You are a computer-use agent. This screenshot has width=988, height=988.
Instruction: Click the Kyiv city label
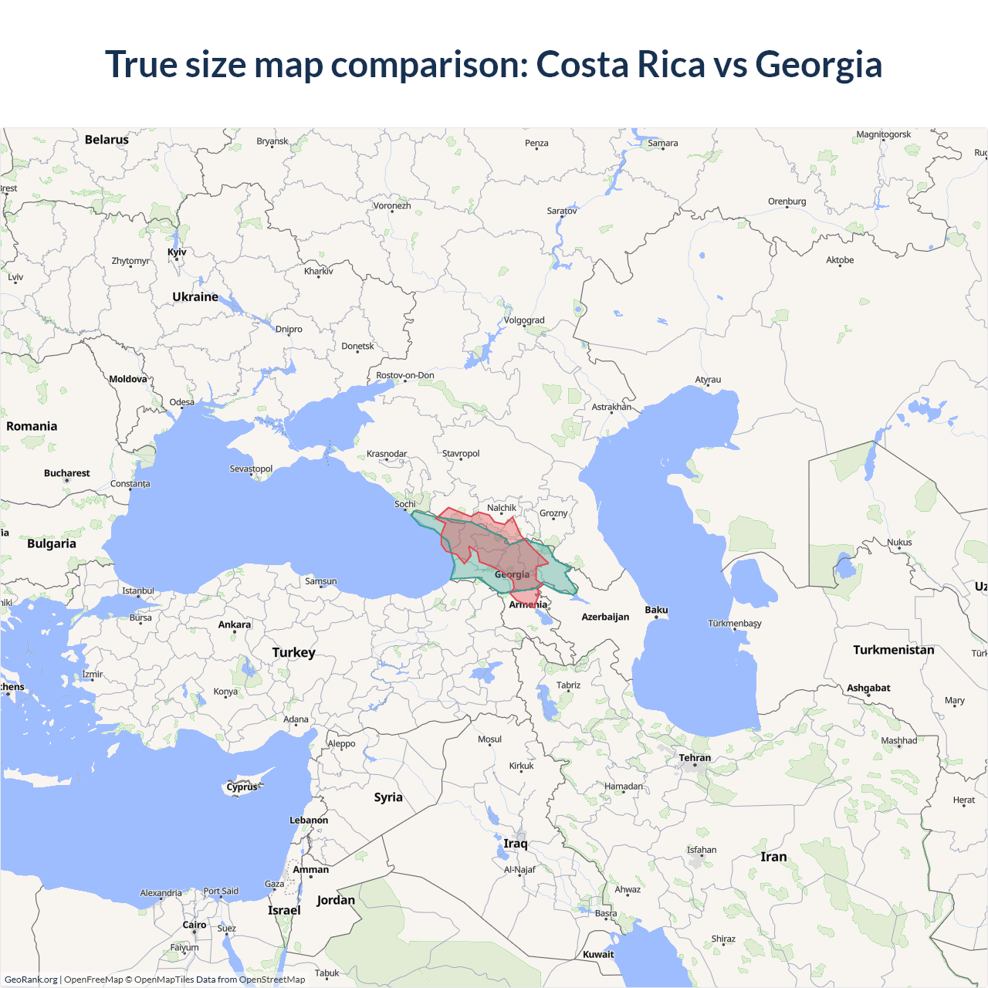point(177,252)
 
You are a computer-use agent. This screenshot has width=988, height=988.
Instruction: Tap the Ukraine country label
point(195,297)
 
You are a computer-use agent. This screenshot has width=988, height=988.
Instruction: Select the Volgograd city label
point(524,320)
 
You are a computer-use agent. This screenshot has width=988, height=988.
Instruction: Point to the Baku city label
point(656,611)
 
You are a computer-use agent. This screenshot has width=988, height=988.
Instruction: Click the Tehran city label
point(695,758)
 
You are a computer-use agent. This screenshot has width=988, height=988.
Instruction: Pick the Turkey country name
point(293,653)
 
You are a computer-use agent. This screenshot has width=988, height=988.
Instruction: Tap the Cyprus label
point(242,787)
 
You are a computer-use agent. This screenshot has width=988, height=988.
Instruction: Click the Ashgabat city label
point(868,688)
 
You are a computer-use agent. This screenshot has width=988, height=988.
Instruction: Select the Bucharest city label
point(67,473)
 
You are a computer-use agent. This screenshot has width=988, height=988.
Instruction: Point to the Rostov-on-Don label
point(405,376)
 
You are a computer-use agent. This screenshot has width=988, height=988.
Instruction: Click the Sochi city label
point(405,504)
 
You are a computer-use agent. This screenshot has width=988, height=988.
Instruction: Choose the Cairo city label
point(195,925)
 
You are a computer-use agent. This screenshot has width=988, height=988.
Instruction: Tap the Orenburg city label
point(787,201)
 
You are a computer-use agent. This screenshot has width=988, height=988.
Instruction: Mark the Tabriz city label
point(568,685)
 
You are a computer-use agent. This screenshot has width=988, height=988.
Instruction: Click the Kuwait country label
point(598,955)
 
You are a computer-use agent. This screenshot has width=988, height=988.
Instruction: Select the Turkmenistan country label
point(893,650)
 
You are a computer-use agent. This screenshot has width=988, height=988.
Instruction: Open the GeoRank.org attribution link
point(31,980)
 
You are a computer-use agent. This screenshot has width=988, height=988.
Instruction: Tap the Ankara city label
point(235,624)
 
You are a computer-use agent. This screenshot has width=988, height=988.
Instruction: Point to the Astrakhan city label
point(611,407)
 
